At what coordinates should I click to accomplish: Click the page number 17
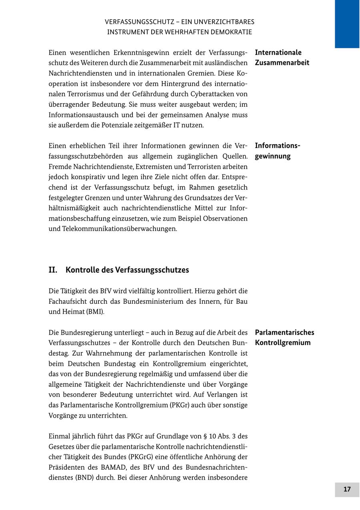pos(347,490)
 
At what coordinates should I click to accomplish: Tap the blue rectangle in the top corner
pos(347,24)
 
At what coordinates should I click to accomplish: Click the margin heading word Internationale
pos(278,52)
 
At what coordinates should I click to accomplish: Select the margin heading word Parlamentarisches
pos(284,333)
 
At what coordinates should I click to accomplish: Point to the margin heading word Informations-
pos(278,145)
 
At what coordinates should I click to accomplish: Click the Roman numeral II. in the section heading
pos(53,270)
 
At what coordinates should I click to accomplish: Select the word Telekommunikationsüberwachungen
pos(120,229)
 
